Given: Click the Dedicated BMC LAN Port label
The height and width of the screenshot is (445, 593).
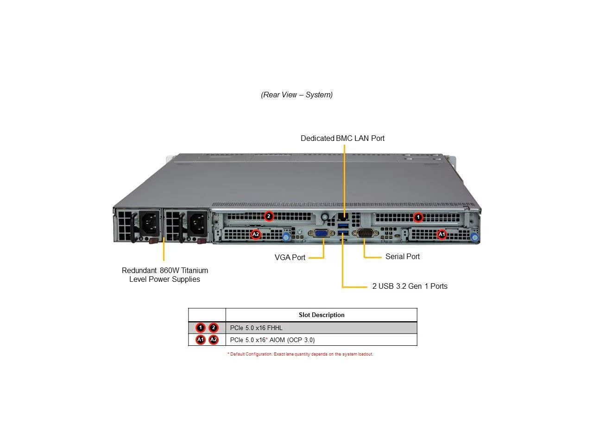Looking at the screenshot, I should pyautogui.click(x=342, y=138).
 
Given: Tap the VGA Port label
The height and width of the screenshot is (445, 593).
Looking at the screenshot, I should pyautogui.click(x=290, y=257).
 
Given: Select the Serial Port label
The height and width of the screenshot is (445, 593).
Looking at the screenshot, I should pyautogui.click(x=402, y=256).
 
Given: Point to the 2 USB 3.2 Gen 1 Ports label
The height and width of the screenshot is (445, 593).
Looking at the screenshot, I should pyautogui.click(x=410, y=286).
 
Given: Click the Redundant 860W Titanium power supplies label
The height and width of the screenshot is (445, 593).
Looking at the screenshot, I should pyautogui.click(x=164, y=274).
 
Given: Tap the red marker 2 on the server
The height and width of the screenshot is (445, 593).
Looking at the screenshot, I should pyautogui.click(x=269, y=216).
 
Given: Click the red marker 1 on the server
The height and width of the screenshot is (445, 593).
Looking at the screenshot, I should pyautogui.click(x=418, y=216).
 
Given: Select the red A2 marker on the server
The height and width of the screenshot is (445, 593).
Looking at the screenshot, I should pyautogui.click(x=256, y=235).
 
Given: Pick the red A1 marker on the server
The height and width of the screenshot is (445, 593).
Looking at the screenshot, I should pyautogui.click(x=442, y=235).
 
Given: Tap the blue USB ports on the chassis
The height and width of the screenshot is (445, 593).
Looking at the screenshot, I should pyautogui.click(x=343, y=229).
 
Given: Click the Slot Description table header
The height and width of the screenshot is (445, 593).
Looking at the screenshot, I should pyautogui.click(x=322, y=315).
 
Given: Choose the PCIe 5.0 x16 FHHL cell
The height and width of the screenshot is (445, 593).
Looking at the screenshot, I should pyautogui.click(x=256, y=328).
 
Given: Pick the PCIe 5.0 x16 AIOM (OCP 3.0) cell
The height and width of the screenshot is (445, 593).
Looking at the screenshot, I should pyautogui.click(x=272, y=340).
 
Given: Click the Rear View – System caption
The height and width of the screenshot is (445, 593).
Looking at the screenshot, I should pyautogui.click(x=296, y=95).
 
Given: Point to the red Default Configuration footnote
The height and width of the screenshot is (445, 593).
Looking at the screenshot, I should pyautogui.click(x=300, y=354).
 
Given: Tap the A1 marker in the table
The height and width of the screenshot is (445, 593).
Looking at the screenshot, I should pyautogui.click(x=200, y=340).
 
